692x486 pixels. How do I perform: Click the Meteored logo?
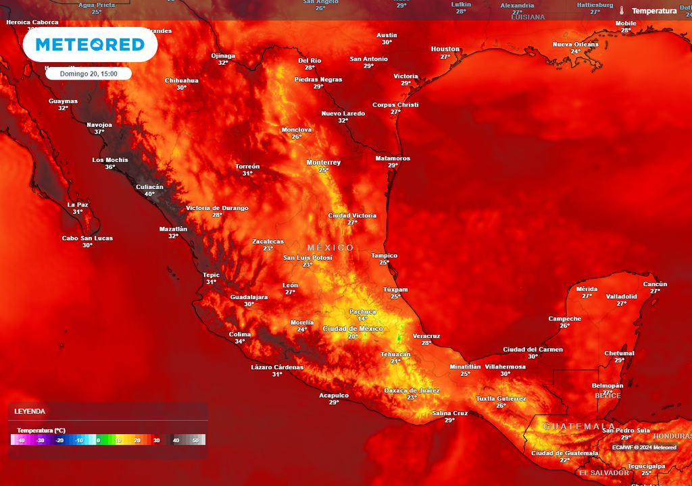[90, 45]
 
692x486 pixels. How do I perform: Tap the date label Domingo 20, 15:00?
[89, 74]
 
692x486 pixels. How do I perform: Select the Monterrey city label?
[324, 163]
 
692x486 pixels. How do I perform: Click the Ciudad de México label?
[353, 329]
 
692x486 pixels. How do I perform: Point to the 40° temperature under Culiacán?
[149, 194]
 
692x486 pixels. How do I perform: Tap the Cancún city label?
[655, 284]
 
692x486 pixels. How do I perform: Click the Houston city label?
[445, 49]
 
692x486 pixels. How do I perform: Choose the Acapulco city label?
[334, 395]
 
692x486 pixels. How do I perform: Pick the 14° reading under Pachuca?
[363, 319]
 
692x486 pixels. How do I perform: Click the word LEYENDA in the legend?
[30, 411]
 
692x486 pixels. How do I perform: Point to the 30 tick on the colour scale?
[156, 440]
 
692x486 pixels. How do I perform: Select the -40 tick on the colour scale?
[21, 440]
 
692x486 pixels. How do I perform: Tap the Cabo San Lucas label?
[87, 238]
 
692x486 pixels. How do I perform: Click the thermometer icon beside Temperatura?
[621, 11]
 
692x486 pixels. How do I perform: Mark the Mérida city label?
[587, 289]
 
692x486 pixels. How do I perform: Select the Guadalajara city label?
[249, 297]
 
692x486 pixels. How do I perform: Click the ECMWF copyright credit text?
[645, 448]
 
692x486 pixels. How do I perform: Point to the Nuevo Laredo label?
[343, 113]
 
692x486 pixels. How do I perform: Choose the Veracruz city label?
[426, 335]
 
